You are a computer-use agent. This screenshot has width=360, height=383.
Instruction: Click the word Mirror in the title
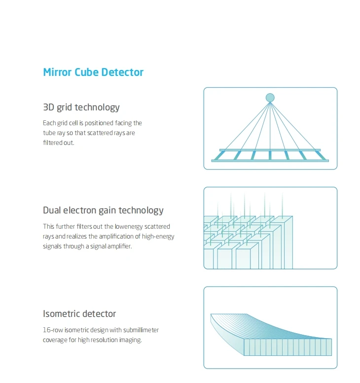point(57,72)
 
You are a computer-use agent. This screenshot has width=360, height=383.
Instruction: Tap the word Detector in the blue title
point(122,72)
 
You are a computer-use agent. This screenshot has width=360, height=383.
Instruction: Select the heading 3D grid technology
point(81,107)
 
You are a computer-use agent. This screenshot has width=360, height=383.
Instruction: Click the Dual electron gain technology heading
point(103,210)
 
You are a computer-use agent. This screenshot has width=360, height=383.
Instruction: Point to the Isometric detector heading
point(79,314)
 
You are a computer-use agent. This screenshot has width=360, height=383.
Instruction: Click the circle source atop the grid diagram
point(270,98)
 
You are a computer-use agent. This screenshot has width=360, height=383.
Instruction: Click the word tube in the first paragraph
point(49,133)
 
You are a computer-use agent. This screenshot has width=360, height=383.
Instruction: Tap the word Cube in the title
point(87,72)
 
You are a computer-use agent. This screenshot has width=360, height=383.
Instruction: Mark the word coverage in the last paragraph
point(55,340)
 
